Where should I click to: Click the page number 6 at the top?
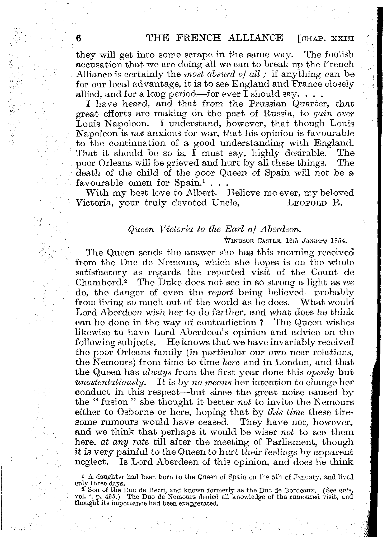(x=78, y=38)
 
